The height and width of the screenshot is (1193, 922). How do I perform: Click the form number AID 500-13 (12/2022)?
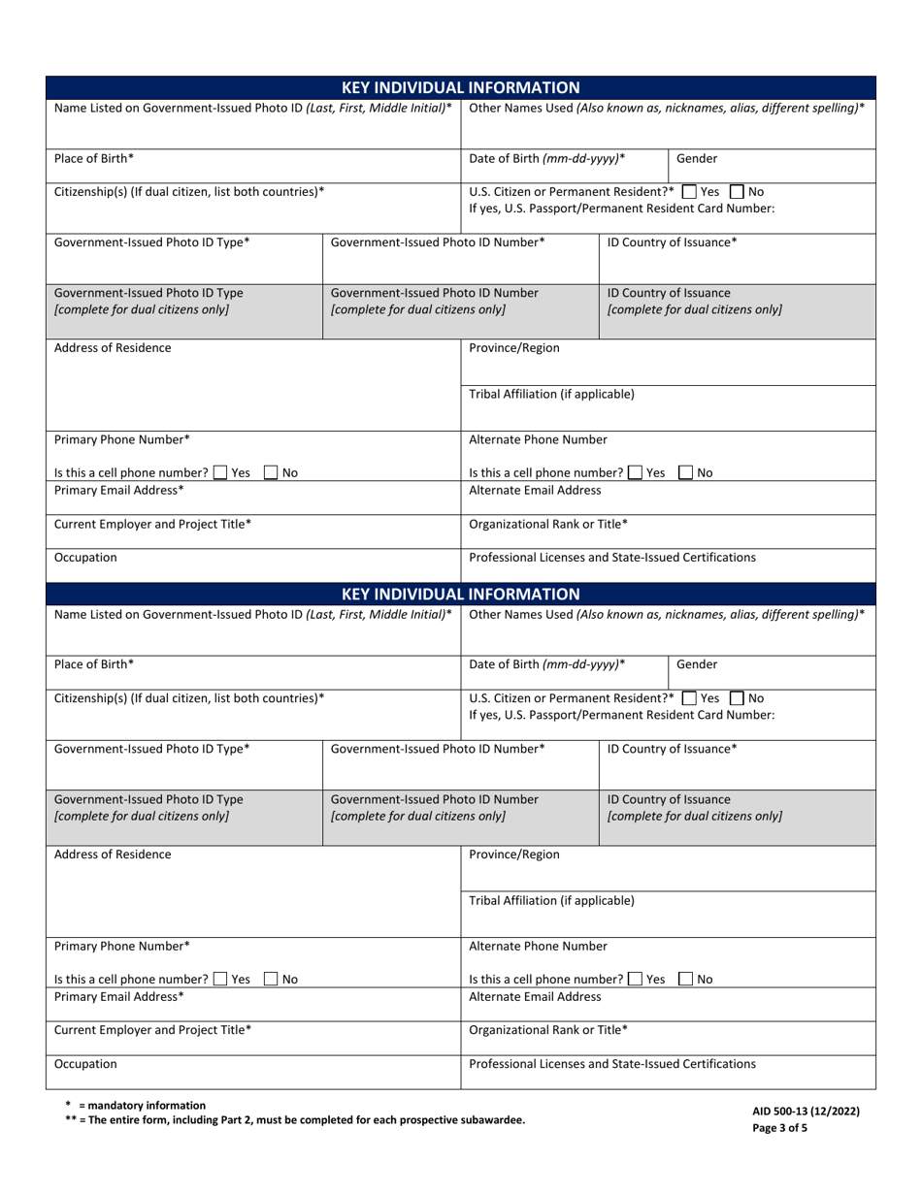coord(805,1112)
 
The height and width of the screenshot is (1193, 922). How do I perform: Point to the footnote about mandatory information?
coord(135,1105)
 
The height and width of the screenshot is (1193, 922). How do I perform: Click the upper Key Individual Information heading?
coord(461,87)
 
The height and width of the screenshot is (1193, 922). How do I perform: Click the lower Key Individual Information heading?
coord(461,594)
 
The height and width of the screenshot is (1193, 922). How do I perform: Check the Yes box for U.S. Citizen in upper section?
coord(689,192)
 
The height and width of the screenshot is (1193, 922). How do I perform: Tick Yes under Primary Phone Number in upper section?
coord(220,473)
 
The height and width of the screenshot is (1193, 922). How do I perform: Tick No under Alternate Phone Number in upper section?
coord(686,473)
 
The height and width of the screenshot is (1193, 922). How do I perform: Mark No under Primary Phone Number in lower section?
coord(271,980)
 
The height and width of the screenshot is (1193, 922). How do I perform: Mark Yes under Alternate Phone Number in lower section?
coord(636,980)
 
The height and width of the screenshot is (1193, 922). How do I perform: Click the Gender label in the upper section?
coord(697,158)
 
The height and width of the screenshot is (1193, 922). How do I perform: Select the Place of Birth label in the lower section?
coord(94,664)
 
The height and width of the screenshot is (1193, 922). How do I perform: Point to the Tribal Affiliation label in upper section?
coord(551,394)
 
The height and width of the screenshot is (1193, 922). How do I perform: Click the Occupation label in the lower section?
coord(85,1064)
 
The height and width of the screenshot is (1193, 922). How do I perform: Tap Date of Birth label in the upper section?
coord(546,158)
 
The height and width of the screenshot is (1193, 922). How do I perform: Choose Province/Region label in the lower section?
coord(514,854)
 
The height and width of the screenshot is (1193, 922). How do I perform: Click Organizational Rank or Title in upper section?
coord(547,525)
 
